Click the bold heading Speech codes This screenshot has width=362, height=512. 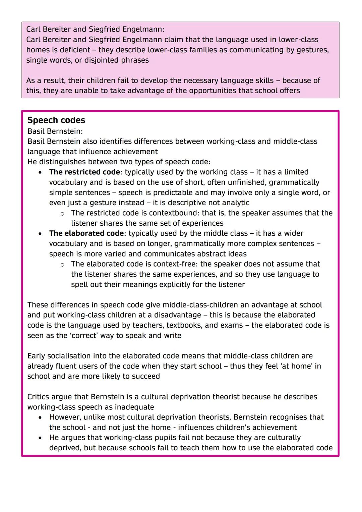click(x=56, y=120)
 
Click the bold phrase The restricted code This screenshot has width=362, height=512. click(x=84, y=172)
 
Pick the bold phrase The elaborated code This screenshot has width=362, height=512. click(x=86, y=233)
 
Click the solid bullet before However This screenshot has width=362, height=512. click(x=40, y=417)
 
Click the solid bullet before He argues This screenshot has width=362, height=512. click(x=40, y=438)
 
